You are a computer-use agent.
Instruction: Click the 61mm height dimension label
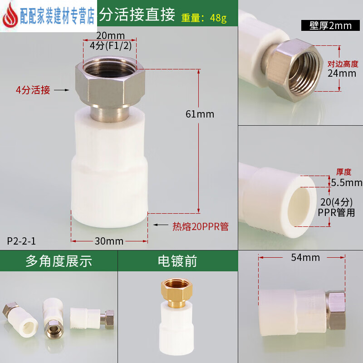[200, 114]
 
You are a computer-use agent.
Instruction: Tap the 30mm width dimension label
[109, 241]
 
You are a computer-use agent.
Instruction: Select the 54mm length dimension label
[305, 258]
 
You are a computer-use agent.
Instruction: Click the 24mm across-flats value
[342, 73]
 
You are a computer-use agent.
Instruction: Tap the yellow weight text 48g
[217, 18]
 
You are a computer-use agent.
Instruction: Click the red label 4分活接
[32, 90]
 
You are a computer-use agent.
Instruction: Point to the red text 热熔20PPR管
[200, 226]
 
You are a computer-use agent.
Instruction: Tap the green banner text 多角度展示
[59, 261]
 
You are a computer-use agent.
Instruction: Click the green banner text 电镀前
[177, 261]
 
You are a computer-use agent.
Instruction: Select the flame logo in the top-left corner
[10, 16]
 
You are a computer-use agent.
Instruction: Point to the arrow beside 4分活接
[60, 90]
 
